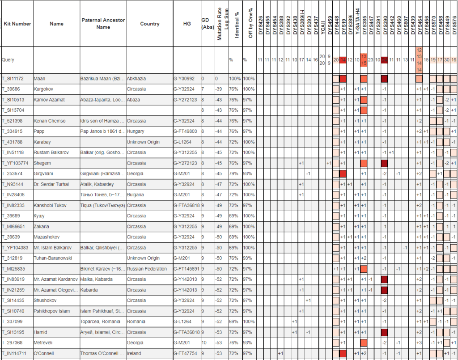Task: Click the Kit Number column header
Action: (x=17, y=24)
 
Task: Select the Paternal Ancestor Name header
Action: (x=103, y=24)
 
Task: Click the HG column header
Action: (x=187, y=24)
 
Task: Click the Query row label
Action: (x=8, y=59)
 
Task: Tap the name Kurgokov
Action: (x=44, y=89)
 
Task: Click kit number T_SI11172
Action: (x=14, y=79)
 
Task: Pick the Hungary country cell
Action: (x=136, y=131)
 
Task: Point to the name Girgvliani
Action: (x=44, y=174)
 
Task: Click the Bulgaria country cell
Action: (x=136, y=195)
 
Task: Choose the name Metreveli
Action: (x=44, y=343)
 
